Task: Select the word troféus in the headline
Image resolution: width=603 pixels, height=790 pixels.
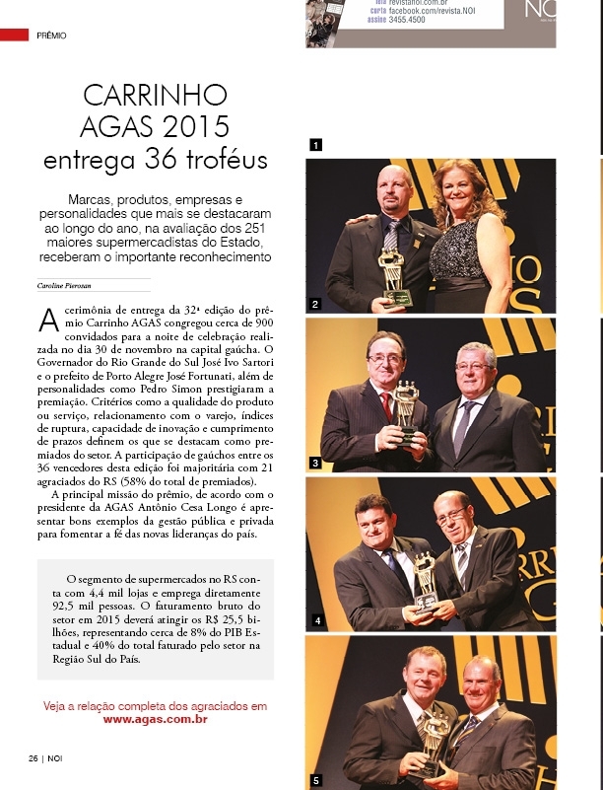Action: pos(223,159)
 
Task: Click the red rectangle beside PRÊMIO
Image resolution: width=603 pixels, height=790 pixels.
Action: pos(14,35)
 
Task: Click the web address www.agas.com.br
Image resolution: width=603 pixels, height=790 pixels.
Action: pos(155,719)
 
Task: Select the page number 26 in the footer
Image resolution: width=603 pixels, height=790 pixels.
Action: pos(33,757)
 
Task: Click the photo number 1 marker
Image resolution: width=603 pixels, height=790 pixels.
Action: pos(315,145)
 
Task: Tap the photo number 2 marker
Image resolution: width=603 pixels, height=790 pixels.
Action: pos(315,305)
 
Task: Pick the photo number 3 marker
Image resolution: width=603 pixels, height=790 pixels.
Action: pos(315,462)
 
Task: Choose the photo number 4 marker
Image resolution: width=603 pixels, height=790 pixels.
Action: pos(315,621)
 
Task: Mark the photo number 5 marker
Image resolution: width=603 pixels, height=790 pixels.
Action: pos(315,780)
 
